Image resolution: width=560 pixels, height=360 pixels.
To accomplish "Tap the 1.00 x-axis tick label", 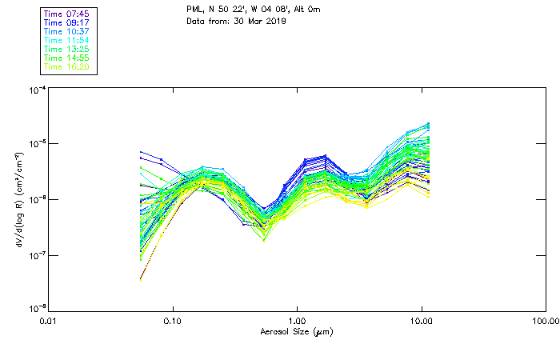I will [298, 322].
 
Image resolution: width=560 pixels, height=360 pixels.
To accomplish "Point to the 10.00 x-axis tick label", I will [421, 322].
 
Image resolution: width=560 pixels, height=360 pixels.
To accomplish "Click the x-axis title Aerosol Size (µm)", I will [297, 331].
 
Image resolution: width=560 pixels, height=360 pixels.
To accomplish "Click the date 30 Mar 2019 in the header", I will [260, 20].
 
